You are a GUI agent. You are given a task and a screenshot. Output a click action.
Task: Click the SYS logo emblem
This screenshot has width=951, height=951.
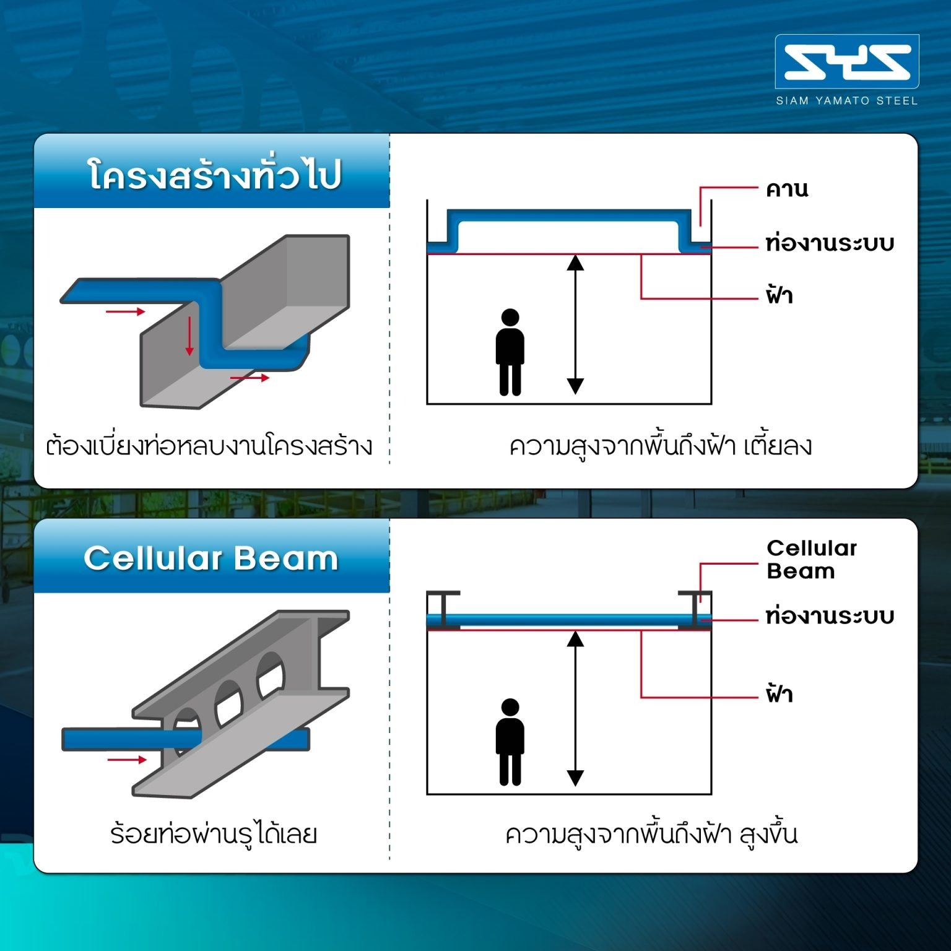[x=846, y=62]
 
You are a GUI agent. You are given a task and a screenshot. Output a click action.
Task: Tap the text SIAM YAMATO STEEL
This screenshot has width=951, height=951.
[x=846, y=101]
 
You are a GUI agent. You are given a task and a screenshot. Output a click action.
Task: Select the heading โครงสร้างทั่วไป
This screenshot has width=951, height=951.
[x=214, y=175]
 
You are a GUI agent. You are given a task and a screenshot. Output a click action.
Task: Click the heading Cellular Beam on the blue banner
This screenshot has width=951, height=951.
[x=211, y=558]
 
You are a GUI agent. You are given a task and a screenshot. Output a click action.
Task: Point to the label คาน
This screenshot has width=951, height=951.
[x=787, y=189]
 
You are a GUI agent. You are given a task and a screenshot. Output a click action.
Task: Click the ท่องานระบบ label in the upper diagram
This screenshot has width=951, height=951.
[x=830, y=243]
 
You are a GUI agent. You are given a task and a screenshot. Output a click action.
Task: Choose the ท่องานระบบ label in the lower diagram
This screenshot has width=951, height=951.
[x=830, y=617]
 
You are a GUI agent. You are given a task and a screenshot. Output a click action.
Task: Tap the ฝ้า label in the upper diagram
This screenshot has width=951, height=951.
[x=779, y=295]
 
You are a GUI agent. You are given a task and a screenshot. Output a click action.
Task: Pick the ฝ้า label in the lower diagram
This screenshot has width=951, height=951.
[x=779, y=694]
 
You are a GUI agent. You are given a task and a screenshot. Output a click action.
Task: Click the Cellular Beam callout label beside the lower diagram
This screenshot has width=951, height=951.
[x=811, y=559]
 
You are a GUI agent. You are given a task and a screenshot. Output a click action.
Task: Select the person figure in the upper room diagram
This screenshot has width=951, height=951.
[x=510, y=352]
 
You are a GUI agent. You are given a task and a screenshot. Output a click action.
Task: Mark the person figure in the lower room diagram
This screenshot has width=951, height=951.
[x=510, y=742]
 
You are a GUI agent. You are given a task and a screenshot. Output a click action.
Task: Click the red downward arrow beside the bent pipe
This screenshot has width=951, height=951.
[x=189, y=336]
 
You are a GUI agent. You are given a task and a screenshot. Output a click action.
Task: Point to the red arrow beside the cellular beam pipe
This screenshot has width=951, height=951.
[x=127, y=760]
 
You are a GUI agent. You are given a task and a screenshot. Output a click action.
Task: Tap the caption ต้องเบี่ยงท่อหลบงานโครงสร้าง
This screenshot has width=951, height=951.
[x=209, y=446]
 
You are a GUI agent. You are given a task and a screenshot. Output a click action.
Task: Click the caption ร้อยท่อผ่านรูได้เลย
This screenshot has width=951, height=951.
[x=214, y=835]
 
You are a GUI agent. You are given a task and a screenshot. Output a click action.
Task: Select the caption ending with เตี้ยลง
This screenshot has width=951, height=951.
[x=660, y=446]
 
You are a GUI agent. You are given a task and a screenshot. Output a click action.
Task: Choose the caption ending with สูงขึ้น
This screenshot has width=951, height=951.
[x=651, y=835]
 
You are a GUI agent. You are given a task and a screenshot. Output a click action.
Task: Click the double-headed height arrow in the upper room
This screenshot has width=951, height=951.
[x=576, y=324]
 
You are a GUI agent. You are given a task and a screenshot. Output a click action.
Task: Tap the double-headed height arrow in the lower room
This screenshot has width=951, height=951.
[x=576, y=709]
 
